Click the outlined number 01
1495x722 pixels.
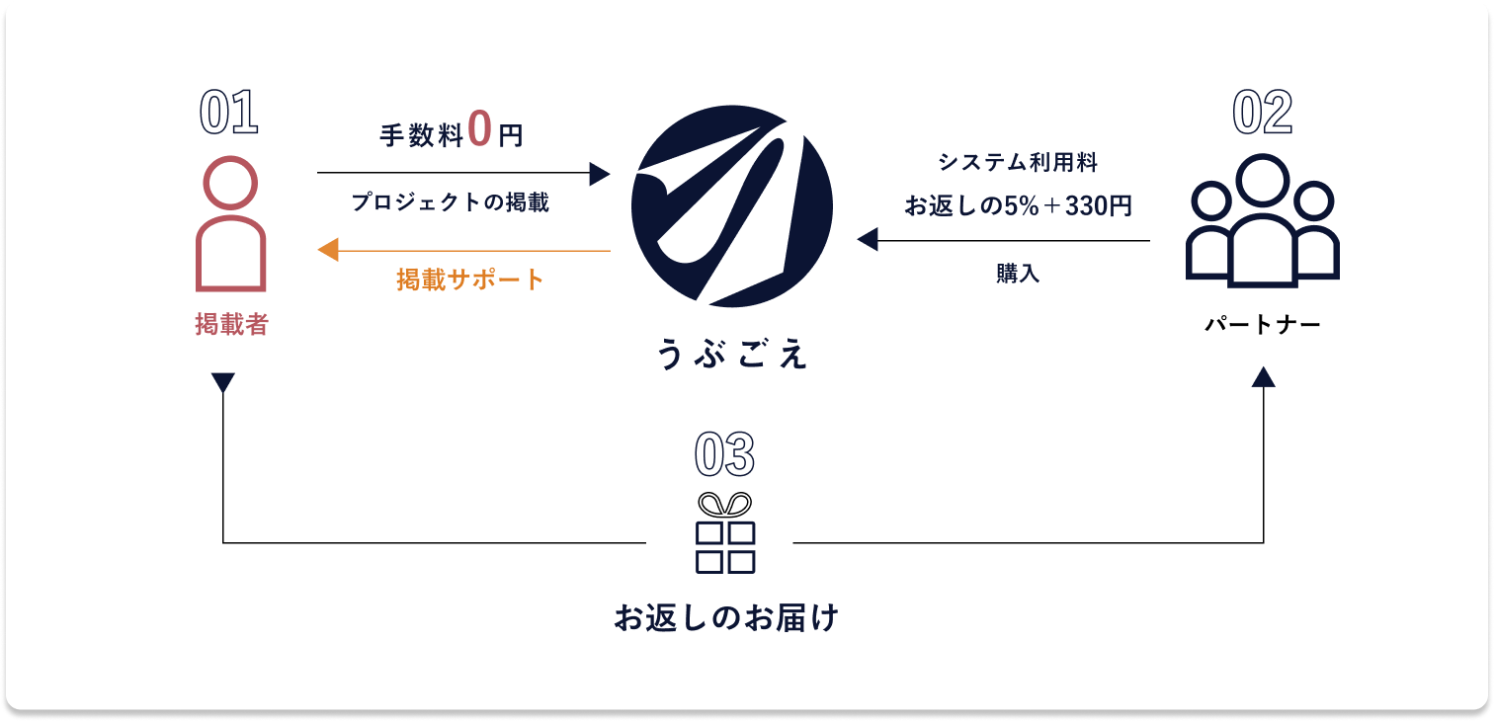pyautogui.click(x=229, y=113)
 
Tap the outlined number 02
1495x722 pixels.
pyautogui.click(x=1262, y=113)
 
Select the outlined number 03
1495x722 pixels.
pyautogui.click(x=725, y=454)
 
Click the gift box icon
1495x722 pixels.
pyautogui.click(x=725, y=533)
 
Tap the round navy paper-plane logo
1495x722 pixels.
pyautogui.click(x=732, y=206)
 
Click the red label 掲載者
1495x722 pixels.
pyautogui.click(x=231, y=324)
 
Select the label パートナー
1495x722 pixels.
pyautogui.click(x=1263, y=325)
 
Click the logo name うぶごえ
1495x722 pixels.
pyautogui.click(x=732, y=354)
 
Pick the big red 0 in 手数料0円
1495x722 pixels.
pyautogui.click(x=479, y=128)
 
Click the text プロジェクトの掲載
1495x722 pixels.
pyautogui.click(x=450, y=202)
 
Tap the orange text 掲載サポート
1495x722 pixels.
pyautogui.click(x=470, y=280)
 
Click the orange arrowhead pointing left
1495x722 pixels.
pyautogui.click(x=328, y=250)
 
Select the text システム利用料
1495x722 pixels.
pyautogui.click(x=1018, y=162)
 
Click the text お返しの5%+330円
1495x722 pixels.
pyautogui.click(x=1018, y=205)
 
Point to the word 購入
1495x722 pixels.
pyautogui.click(x=1018, y=274)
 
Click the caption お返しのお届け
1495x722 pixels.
pyautogui.click(x=726, y=618)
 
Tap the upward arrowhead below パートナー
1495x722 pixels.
pyautogui.click(x=1264, y=377)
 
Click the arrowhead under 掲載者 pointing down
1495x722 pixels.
pyautogui.click(x=223, y=382)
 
